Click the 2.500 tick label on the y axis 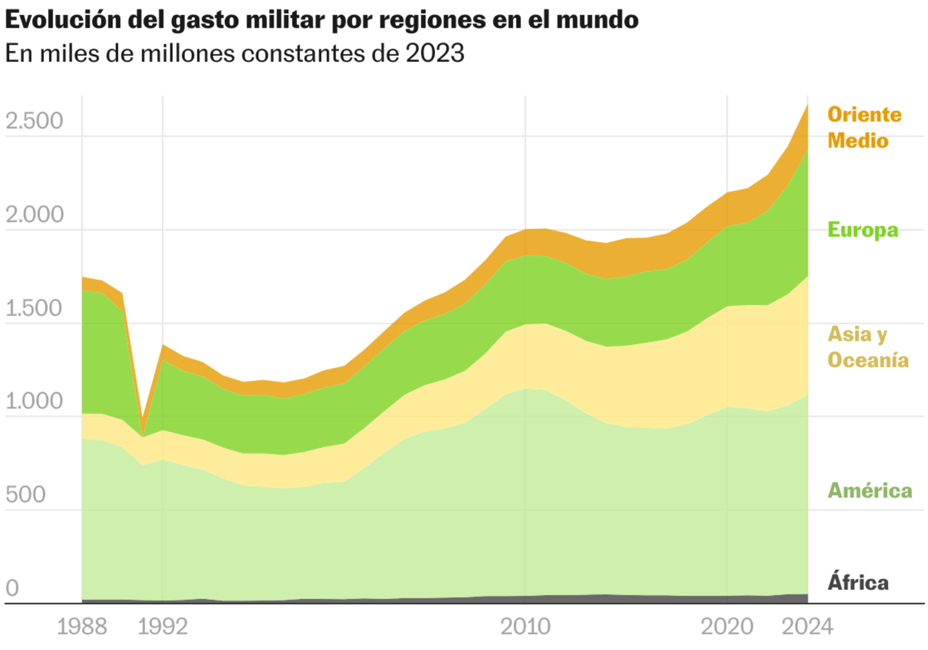[34, 121]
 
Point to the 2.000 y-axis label [34, 214]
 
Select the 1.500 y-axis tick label [34, 308]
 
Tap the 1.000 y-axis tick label [34, 401]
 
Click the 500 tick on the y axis [25, 495]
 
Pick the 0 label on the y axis [12, 588]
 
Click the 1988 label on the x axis [82, 626]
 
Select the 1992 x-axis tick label [162, 626]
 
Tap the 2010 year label [525, 626]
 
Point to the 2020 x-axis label [727, 626]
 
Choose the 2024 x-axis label [807, 626]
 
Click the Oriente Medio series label [864, 128]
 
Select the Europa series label [862, 230]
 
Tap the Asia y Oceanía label [867, 347]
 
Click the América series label [869, 491]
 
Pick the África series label [858, 582]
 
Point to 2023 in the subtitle [434, 53]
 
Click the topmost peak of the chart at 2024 [807, 104]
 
